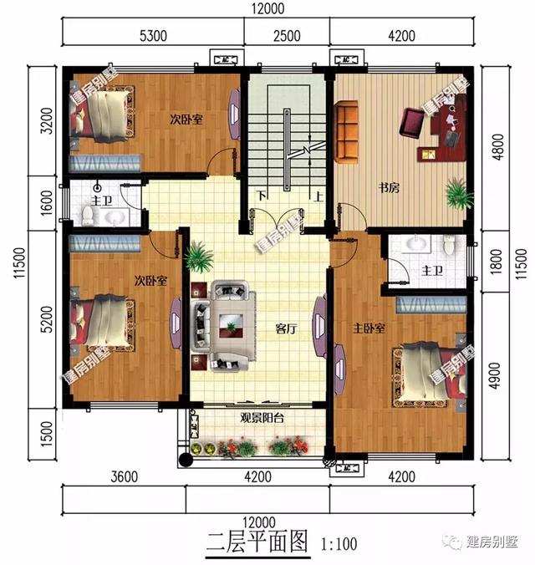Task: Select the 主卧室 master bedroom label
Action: (x=367, y=328)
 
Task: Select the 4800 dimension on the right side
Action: (x=500, y=151)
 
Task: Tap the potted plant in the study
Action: (x=456, y=194)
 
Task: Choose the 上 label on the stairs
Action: (x=318, y=197)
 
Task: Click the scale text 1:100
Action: (x=339, y=545)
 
